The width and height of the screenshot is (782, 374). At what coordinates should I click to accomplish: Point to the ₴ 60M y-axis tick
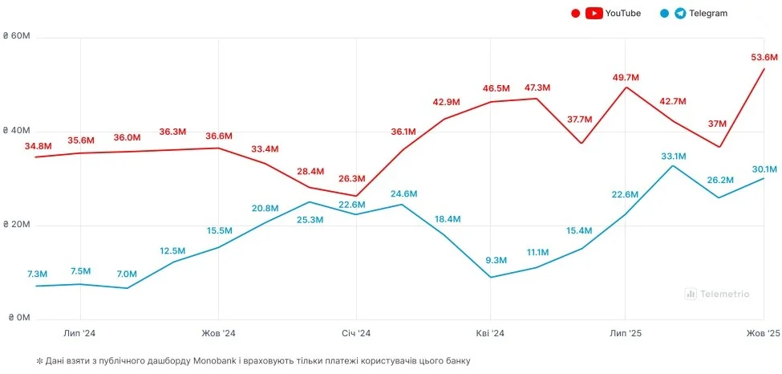[x=16, y=38]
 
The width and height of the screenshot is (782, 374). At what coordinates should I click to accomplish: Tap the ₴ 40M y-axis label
[x=16, y=131]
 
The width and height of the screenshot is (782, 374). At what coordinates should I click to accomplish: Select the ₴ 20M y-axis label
[x=16, y=226]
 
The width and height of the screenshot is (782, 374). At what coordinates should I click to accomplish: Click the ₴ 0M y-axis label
[x=18, y=319]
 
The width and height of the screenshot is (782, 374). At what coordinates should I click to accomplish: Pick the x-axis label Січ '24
[x=355, y=333]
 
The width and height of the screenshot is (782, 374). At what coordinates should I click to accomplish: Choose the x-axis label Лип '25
[x=626, y=333]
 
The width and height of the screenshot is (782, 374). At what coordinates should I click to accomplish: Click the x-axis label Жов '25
[x=763, y=333]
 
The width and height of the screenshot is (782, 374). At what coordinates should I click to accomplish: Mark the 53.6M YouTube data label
[x=764, y=57]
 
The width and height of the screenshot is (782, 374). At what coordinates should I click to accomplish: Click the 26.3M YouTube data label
[x=352, y=179]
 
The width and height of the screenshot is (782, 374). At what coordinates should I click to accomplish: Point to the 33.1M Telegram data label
[x=673, y=156]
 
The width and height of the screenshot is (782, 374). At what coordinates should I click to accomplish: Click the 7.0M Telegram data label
[x=127, y=274]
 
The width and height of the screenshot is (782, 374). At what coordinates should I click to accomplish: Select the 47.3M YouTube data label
[x=537, y=87]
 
